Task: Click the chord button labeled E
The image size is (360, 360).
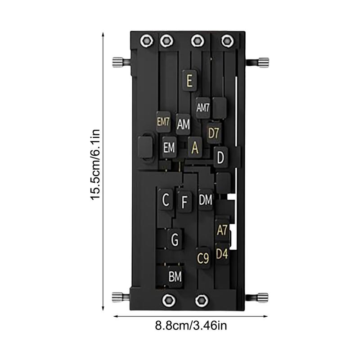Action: click(189, 81)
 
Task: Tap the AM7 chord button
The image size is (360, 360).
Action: click(203, 108)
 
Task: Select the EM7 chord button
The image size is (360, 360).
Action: click(163, 121)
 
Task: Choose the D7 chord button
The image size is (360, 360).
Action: click(214, 133)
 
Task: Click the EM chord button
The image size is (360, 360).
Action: click(169, 148)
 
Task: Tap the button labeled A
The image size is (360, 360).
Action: click(195, 147)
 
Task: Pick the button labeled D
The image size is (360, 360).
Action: click(220, 157)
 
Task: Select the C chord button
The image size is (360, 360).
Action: click(166, 200)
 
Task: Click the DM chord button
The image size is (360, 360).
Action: click(205, 200)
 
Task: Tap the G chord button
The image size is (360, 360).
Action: click(175, 239)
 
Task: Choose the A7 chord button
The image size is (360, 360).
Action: click(222, 230)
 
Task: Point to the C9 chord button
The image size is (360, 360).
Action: click(203, 258)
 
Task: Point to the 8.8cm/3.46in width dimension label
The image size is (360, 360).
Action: click(189, 325)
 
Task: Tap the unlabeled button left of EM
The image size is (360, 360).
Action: click(145, 147)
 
